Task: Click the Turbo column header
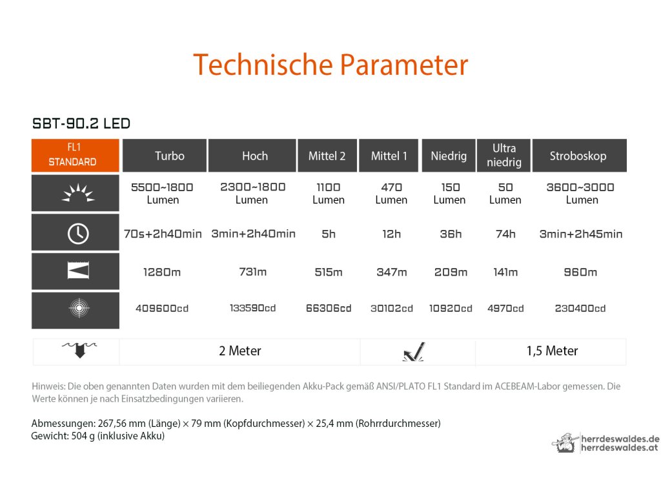point(165,156)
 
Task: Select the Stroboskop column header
point(579,156)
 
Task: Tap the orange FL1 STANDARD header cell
point(76,155)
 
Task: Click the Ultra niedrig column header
point(503,156)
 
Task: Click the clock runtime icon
point(78,233)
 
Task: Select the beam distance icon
point(78,271)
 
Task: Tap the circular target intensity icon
point(79,308)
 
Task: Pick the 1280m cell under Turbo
point(162,272)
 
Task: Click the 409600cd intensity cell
point(162,308)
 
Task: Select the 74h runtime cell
point(505,234)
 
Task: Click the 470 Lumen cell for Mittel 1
point(391,193)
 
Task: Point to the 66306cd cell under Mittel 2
point(329,308)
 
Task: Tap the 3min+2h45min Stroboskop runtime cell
point(580,234)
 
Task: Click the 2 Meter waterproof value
point(240,351)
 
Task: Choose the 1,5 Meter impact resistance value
point(552,351)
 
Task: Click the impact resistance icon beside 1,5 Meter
point(414,352)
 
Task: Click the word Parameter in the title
point(404,65)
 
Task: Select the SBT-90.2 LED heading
point(81,123)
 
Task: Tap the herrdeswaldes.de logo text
point(620,439)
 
